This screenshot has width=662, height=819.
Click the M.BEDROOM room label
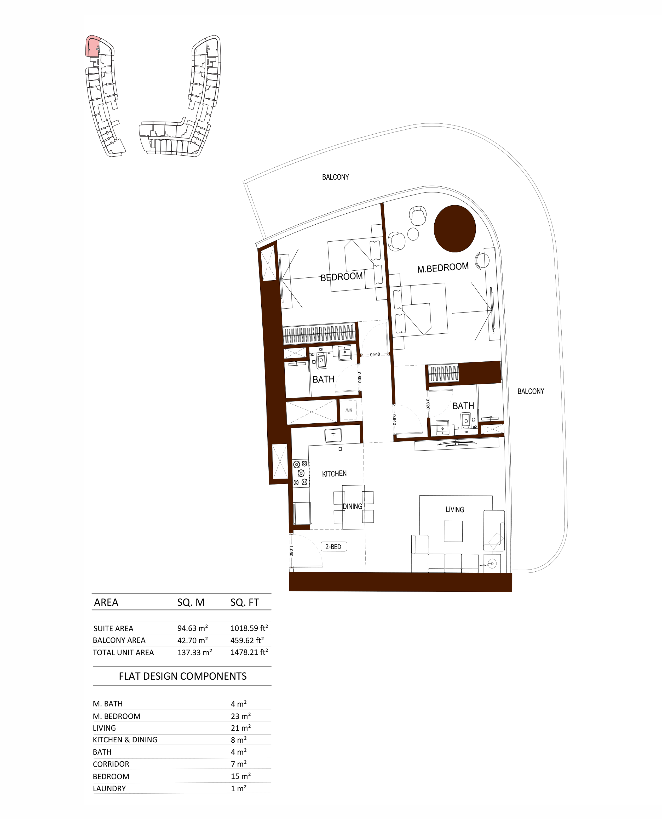click(443, 268)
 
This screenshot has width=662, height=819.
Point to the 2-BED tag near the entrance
click(333, 547)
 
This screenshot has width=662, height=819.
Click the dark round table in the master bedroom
click(454, 229)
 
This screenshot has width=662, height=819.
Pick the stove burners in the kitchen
click(301, 473)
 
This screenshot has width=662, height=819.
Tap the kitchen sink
click(333, 435)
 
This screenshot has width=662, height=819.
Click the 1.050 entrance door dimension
click(291, 550)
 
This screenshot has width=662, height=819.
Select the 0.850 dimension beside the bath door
click(359, 377)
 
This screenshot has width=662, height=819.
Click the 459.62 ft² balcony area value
click(247, 640)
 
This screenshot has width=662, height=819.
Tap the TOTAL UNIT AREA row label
click(123, 652)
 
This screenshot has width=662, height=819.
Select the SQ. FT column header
click(244, 602)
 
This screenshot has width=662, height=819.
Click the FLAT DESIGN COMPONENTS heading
click(183, 676)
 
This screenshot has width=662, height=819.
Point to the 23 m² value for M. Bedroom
click(241, 716)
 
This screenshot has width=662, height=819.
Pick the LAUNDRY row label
click(109, 788)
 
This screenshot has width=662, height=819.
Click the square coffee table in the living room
click(453, 531)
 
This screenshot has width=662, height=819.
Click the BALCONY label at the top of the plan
click(336, 177)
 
